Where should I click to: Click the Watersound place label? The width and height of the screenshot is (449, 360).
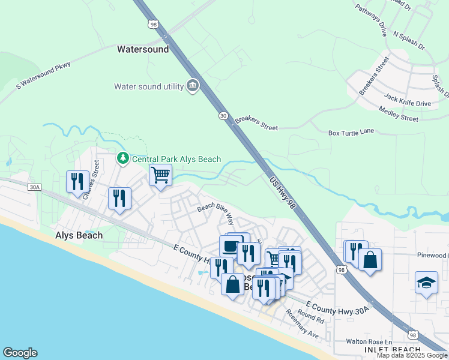coord(143,49)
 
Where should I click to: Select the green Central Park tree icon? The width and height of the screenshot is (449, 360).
coord(122,158)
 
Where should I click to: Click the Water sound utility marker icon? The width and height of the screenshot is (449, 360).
coord(193,86)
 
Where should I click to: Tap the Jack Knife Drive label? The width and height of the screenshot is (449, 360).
coord(408,100)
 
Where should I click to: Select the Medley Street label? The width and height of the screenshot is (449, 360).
coord(398,114)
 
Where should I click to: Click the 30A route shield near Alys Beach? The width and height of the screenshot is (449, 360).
coord(34,187)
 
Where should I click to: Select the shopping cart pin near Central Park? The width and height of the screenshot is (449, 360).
coord(160,176)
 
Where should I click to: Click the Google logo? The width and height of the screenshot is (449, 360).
coord(20,353)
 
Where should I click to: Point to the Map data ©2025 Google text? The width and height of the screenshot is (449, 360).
coord(412,355)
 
